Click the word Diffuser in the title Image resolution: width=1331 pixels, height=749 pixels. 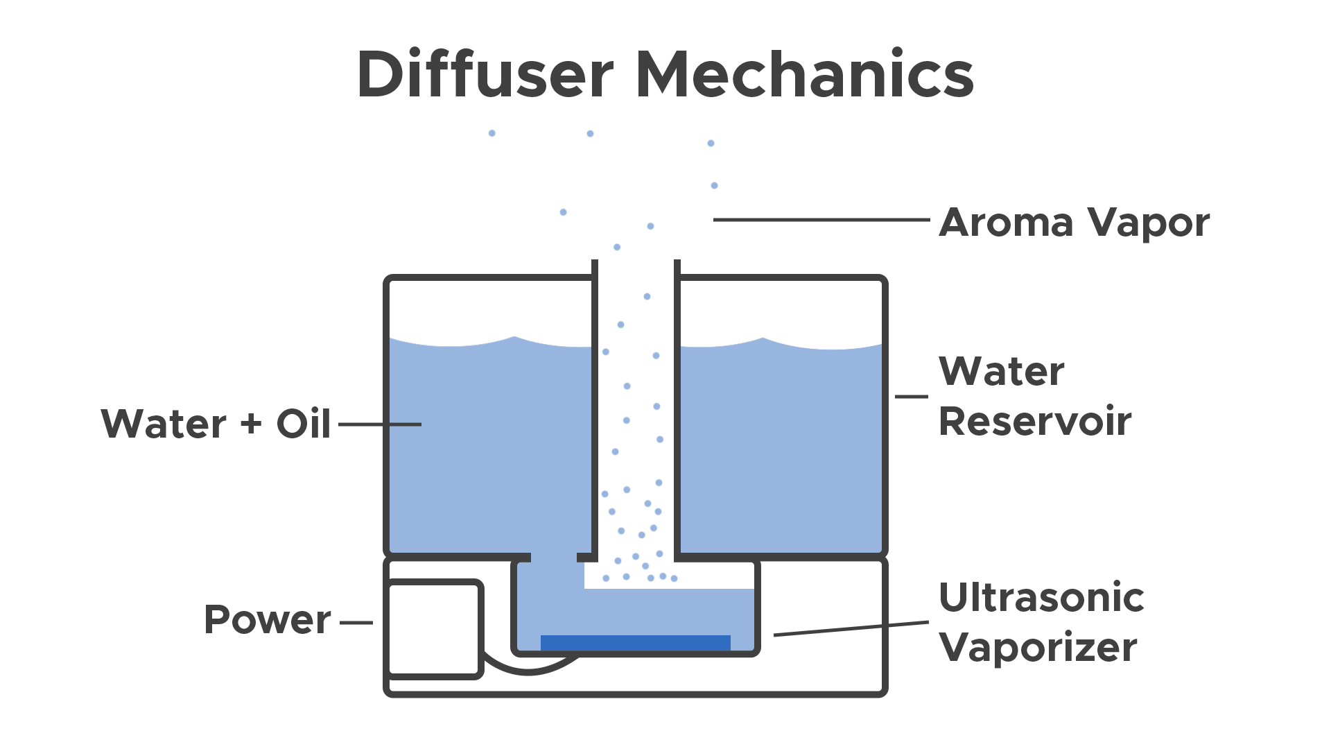(x=485, y=74)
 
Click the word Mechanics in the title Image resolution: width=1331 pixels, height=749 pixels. (x=804, y=74)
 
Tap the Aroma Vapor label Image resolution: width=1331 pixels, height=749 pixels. (x=1075, y=224)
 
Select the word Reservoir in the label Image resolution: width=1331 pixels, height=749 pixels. (x=1036, y=420)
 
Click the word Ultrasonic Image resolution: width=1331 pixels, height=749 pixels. (x=1041, y=598)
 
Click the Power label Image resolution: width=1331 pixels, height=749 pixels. (x=268, y=619)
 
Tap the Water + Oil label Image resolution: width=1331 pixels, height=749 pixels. (x=215, y=423)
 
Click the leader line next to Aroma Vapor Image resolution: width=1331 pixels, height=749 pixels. (x=821, y=220)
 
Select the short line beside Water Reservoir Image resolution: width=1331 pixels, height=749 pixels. (x=911, y=397)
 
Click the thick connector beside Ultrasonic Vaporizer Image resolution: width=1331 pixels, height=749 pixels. (x=910, y=628)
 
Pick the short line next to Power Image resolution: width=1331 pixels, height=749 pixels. (x=356, y=623)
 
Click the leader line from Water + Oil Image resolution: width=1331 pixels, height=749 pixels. (x=379, y=424)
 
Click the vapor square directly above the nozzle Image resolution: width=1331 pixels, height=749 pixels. (x=617, y=248)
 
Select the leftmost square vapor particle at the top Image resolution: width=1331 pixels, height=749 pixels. (x=492, y=134)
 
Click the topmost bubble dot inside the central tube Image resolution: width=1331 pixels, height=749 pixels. (x=647, y=297)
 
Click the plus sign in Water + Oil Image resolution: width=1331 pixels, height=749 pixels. (x=251, y=423)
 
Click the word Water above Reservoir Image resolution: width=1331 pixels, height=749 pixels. (x=1002, y=372)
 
